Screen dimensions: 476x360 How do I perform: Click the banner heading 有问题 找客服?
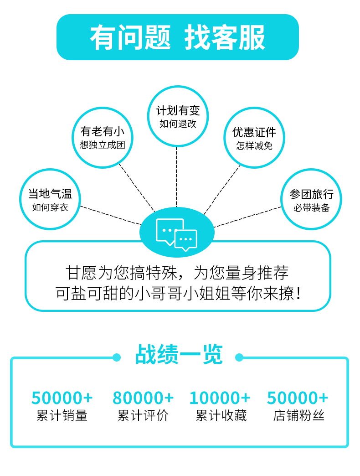pos(178,37)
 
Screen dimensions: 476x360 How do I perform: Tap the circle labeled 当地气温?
pos(50,200)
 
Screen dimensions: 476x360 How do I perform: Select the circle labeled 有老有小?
pos(103,138)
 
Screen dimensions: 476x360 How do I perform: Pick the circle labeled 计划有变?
pos(178,116)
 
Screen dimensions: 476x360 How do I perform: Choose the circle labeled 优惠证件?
pos(254,138)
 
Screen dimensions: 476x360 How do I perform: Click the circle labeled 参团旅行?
pos(311,200)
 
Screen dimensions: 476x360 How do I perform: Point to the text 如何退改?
pos(178,124)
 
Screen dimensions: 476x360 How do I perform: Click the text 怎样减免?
pos(254,146)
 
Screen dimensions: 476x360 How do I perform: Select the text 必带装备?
pos(311,208)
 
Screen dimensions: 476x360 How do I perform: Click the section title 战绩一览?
pos(179,355)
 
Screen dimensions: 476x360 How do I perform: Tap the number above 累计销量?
pos(62,398)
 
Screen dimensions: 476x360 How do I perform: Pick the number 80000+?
pos(143,398)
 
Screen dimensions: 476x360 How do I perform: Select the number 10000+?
pos(220,398)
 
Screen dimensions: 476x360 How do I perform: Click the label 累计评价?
pos(143,415)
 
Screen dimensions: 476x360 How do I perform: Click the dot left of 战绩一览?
pos(117,357)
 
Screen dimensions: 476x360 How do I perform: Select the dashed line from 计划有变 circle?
pos(176,178)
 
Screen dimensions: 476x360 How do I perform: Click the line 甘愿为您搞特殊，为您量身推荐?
pos(178,273)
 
